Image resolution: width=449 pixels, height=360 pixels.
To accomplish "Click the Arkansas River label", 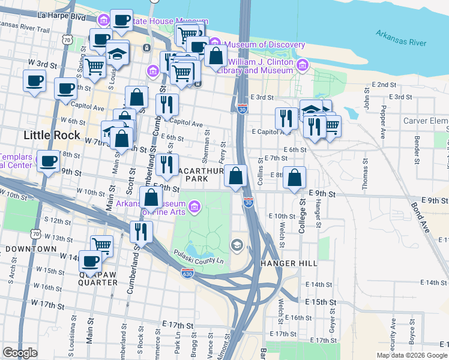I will (402, 38).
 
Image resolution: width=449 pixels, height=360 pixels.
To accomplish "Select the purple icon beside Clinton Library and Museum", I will (302, 65).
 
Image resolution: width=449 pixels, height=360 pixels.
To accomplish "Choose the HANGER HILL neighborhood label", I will (289, 263).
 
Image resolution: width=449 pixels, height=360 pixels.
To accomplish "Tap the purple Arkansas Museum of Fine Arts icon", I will (194, 208).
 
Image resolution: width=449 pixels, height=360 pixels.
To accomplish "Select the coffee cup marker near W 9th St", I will (49, 161).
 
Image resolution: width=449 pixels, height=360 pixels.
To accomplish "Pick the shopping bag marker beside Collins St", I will (237, 176).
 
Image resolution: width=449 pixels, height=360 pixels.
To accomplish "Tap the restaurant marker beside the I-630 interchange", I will (141, 231).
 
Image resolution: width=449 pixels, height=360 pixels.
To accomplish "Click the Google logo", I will (20, 353).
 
